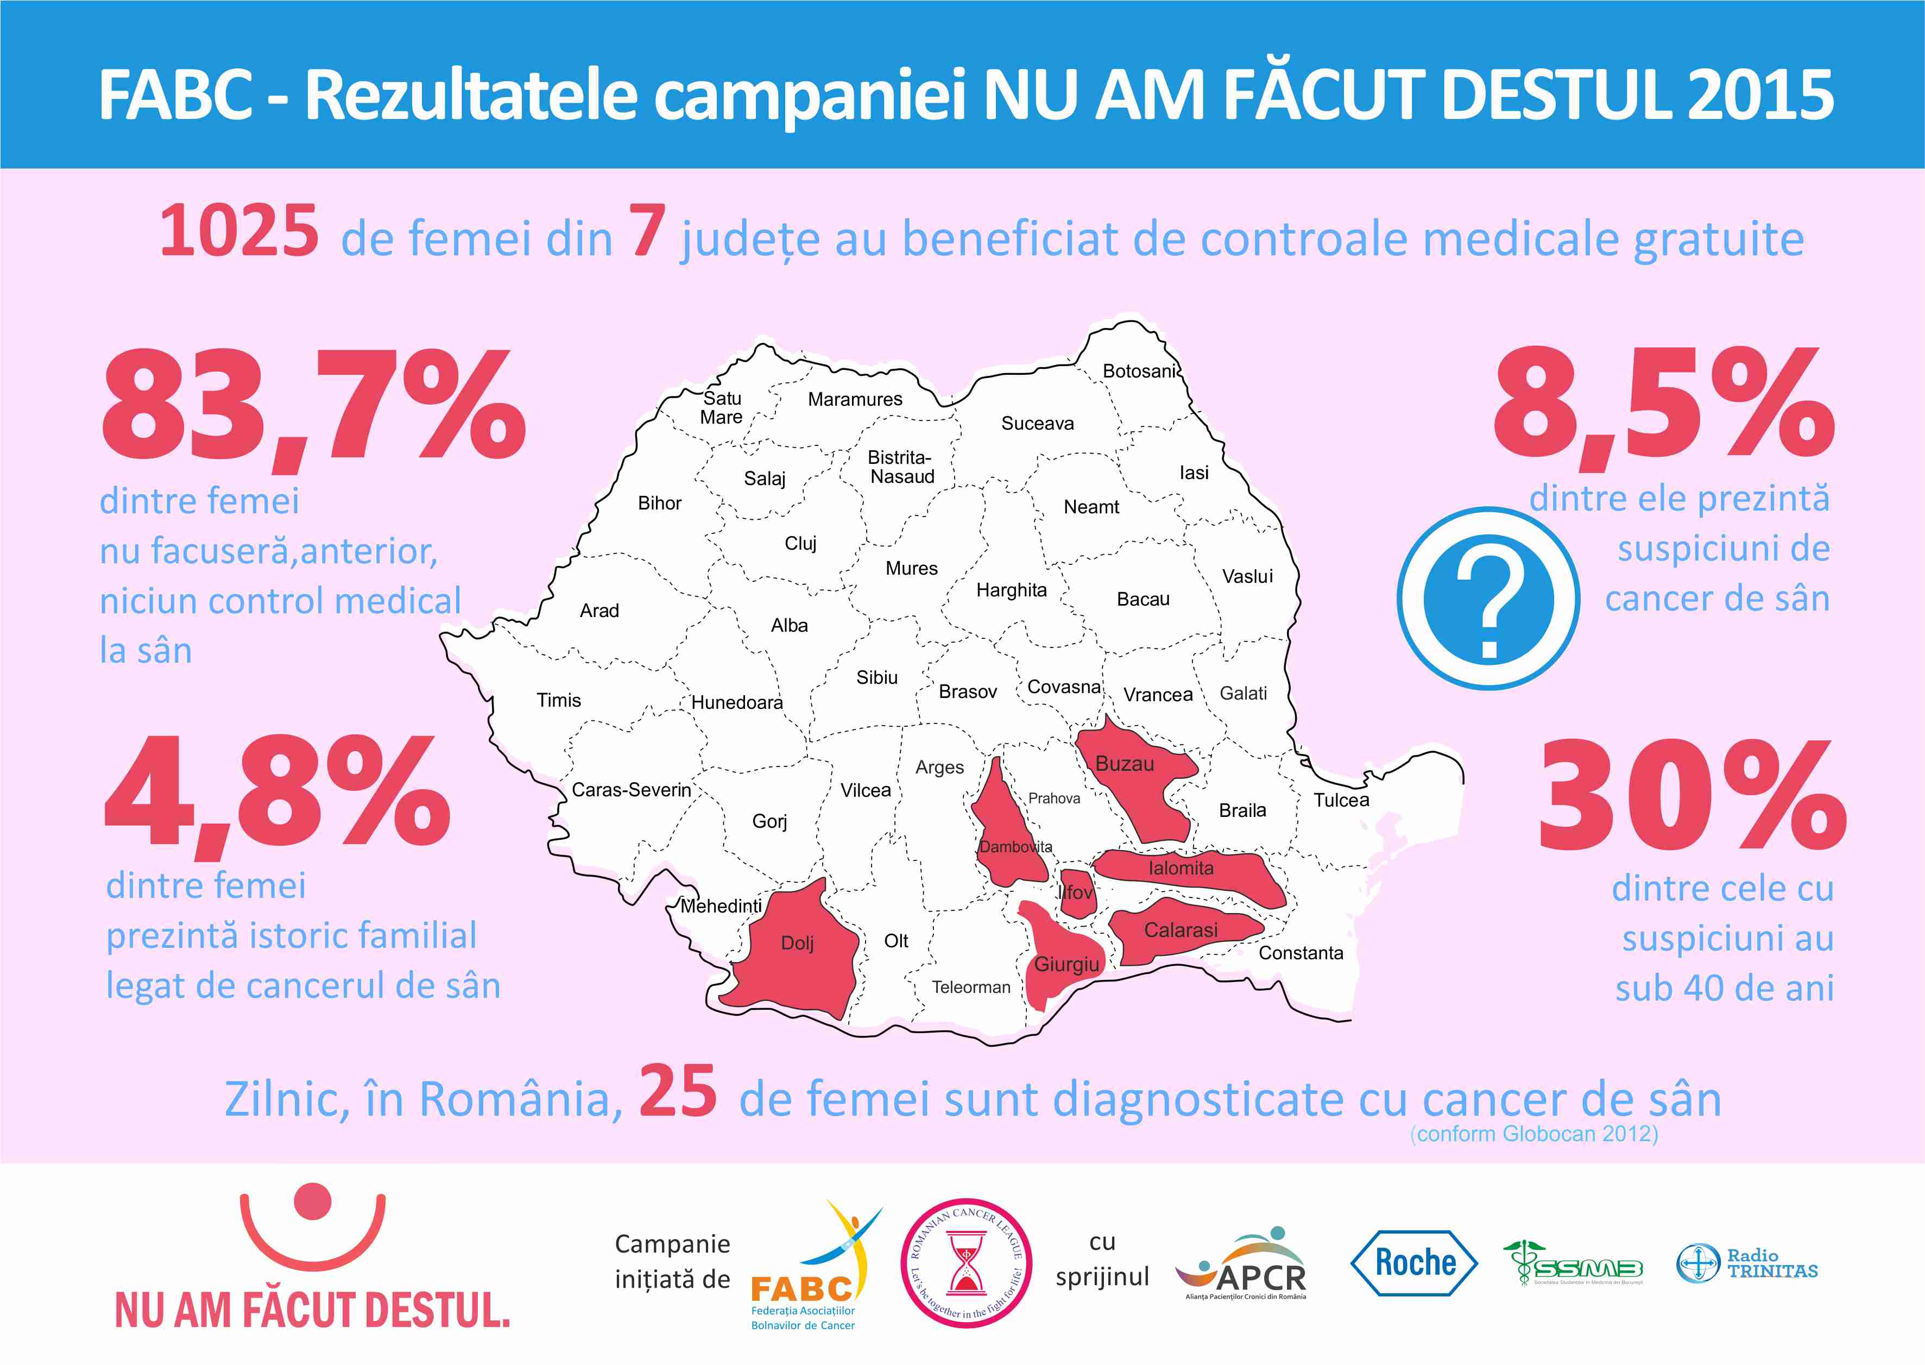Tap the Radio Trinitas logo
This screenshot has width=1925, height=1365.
tap(1747, 1263)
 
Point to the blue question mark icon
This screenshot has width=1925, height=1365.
tap(1488, 599)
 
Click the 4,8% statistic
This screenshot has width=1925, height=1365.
tap(277, 792)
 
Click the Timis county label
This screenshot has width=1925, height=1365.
tap(559, 700)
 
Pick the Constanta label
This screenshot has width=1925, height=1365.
tap(1300, 953)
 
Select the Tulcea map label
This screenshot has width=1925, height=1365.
tap(1341, 800)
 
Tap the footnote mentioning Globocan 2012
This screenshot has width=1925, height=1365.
tap(1533, 1134)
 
